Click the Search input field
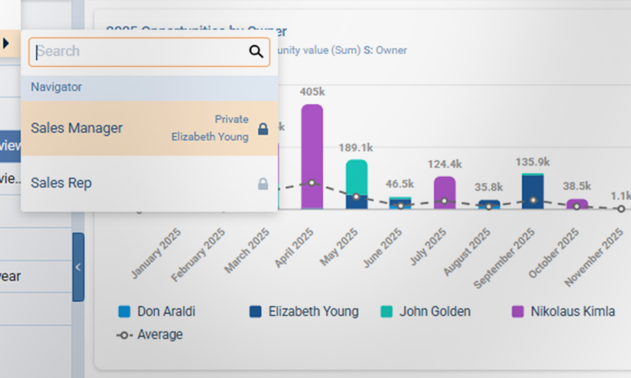pyautogui.click(x=139, y=52)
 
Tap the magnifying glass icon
pyautogui.click(x=256, y=52)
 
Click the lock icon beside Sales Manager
pyautogui.click(x=263, y=129)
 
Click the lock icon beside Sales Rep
pyautogui.click(x=263, y=184)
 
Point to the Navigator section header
pyautogui.click(x=57, y=88)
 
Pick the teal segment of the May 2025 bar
pyautogui.click(x=357, y=176)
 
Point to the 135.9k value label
pyautogui.click(x=533, y=163)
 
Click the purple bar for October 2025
pyautogui.click(x=577, y=203)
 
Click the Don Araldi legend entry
pyautogui.click(x=157, y=311)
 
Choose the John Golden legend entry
pyautogui.click(x=426, y=311)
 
